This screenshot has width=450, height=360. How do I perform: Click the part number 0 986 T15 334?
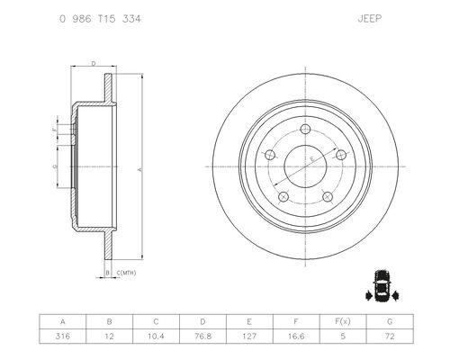click(x=100, y=19)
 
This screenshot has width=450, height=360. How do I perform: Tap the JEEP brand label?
click(x=370, y=19)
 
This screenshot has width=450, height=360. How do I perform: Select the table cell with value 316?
click(x=63, y=337)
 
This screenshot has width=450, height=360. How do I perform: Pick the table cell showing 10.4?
click(x=156, y=337)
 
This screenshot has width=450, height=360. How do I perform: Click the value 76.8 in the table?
click(x=202, y=337)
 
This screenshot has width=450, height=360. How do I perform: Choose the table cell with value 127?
click(x=249, y=337)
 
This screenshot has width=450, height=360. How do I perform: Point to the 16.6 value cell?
click(x=296, y=337)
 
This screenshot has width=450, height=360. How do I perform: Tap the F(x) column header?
click(x=343, y=321)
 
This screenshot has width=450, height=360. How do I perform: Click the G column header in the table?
click(x=390, y=321)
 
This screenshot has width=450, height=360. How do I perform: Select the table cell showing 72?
click(x=390, y=337)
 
